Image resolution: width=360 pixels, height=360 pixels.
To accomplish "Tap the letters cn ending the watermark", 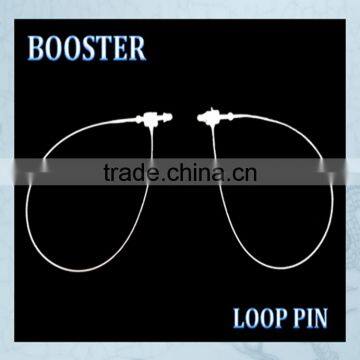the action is point(246,173).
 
